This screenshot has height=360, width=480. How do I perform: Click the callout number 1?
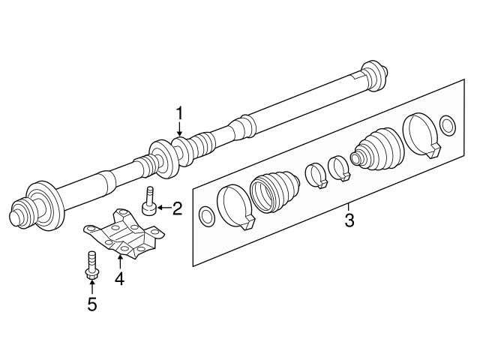click(x=179, y=112)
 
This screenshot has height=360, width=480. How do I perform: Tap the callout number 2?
click(x=177, y=208)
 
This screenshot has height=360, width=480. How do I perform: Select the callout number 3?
click(x=348, y=221)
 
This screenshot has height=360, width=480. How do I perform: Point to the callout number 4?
click(x=118, y=279)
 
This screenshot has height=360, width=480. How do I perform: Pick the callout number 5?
click(x=91, y=304)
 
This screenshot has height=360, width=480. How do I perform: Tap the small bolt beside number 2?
click(x=151, y=202)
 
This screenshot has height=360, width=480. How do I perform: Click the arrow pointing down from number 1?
click(x=179, y=129)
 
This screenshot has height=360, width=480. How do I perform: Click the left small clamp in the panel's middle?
click(x=316, y=176)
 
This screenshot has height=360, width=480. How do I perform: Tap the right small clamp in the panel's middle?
click(x=340, y=167)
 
